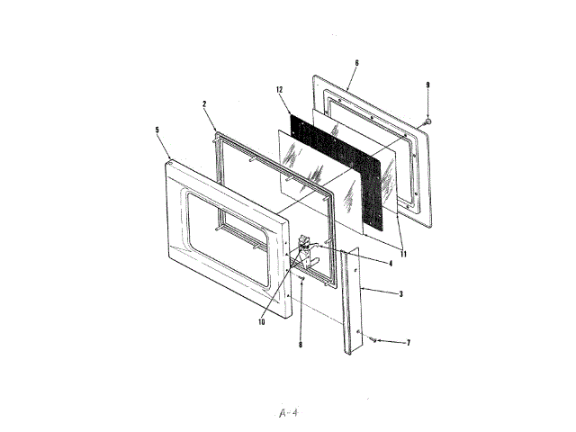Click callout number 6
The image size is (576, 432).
coord(356,63)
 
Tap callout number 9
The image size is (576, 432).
coord(428,85)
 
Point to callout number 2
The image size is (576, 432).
coord(205,104)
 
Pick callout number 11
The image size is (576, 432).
coord(403,254)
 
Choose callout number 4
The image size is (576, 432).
coord(390,264)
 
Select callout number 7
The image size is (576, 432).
coord(408,343)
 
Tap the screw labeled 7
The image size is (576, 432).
coord(372,340)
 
